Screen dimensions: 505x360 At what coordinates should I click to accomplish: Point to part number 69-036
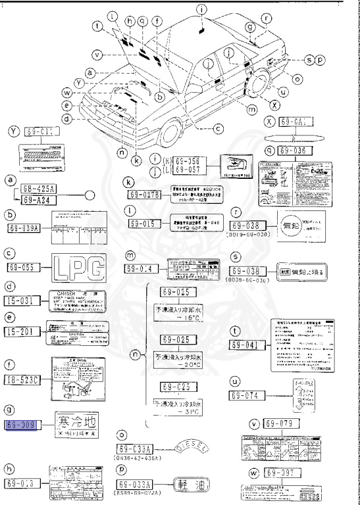point(296,151)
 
